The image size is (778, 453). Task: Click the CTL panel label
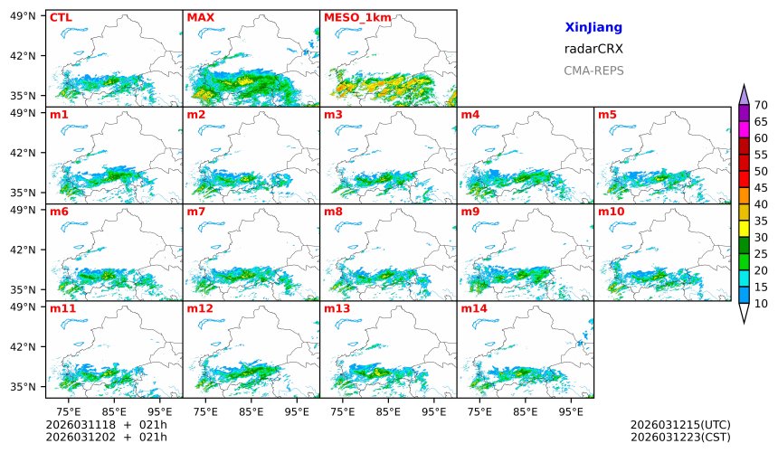coord(61,17)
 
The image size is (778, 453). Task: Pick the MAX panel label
coord(200,17)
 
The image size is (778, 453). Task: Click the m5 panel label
coord(607,115)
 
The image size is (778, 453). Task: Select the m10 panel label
coord(611,212)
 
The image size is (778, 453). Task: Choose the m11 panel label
coord(62,308)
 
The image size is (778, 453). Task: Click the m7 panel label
coord(196,212)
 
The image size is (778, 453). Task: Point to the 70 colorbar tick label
coord(761,105)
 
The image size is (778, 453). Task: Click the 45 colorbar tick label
coord(761,188)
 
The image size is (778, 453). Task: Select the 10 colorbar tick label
coord(761,304)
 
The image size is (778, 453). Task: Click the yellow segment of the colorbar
coord(744,229)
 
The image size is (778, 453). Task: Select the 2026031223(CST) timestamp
coord(680,437)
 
